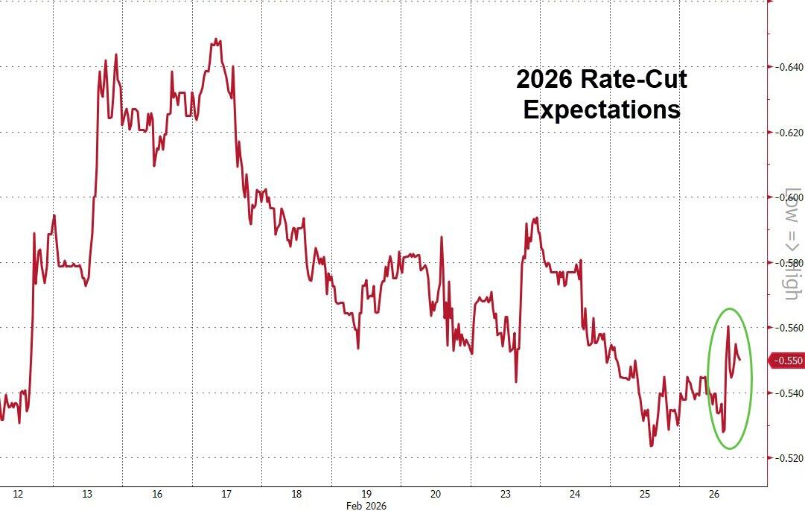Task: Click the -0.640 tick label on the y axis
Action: [787, 67]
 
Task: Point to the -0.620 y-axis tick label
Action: [787, 133]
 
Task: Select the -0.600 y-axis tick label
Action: [787, 197]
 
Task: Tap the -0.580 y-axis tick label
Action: [787, 263]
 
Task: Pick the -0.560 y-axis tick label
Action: [787, 328]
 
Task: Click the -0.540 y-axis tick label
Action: [787, 393]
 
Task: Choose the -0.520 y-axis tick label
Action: [787, 458]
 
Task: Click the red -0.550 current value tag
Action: [786, 361]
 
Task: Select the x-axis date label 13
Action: [87, 494]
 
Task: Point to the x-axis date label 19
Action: [366, 494]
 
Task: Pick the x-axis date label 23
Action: [506, 494]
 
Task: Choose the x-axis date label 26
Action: [713, 494]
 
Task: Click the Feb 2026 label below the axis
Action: [366, 505]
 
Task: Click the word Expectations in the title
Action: [601, 110]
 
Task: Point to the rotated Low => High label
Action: [792, 244]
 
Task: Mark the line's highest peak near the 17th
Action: [215, 39]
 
